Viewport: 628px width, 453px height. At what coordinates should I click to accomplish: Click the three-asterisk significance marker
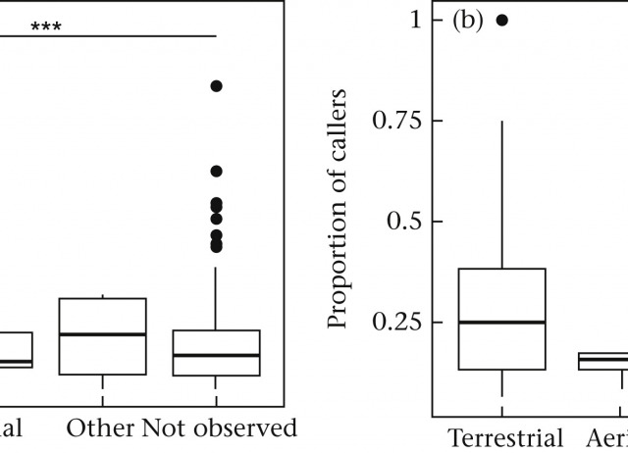[x=46, y=25]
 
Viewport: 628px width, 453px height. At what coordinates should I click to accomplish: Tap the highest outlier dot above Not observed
[x=216, y=86]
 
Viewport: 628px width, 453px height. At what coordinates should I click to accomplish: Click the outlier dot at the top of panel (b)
[x=502, y=20]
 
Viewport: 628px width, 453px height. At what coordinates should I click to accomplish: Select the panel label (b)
[x=468, y=21]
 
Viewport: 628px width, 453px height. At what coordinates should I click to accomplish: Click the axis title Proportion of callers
[x=338, y=208]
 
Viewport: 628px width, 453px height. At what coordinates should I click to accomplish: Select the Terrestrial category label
[x=505, y=437]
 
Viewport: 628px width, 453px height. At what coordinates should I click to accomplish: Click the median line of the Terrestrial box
[x=502, y=322]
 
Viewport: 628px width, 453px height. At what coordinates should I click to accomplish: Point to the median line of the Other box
[x=102, y=334]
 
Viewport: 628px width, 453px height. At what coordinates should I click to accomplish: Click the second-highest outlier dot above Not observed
[x=216, y=171]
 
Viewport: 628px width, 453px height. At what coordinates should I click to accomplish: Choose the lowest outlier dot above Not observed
[x=216, y=245]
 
